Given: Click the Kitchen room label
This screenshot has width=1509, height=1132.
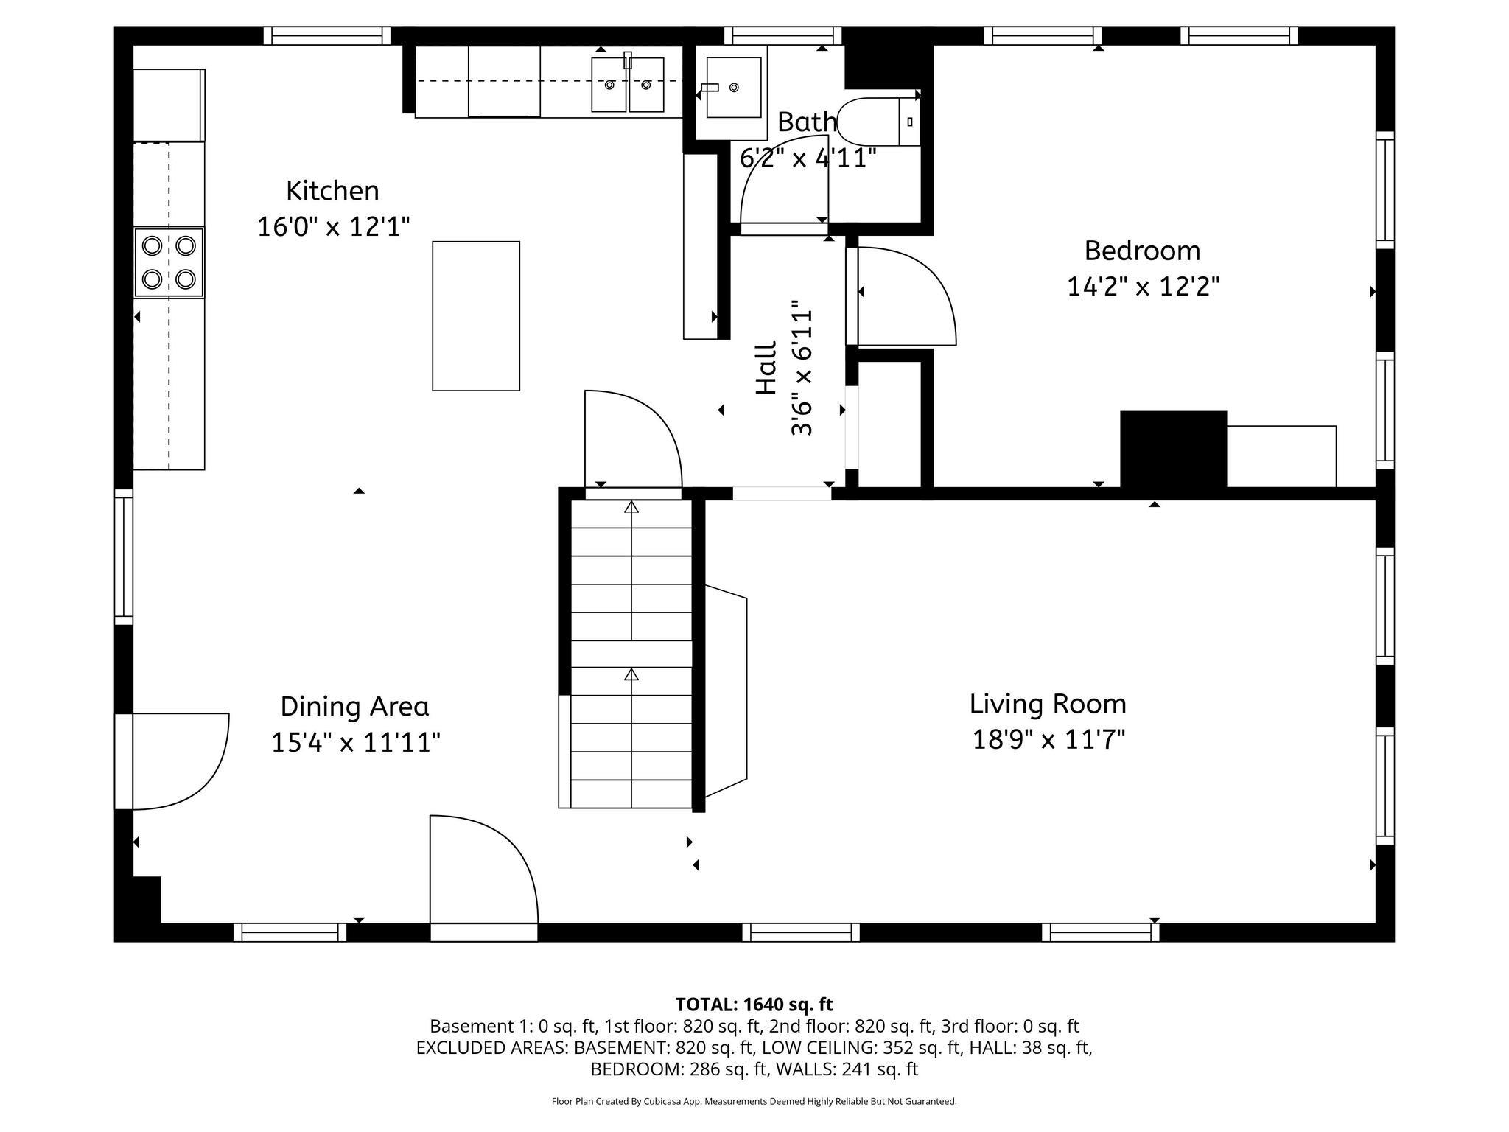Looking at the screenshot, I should tap(332, 191).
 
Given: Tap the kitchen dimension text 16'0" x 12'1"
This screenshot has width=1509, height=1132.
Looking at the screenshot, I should tap(333, 226).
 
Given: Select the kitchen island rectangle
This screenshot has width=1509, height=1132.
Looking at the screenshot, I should tap(476, 315).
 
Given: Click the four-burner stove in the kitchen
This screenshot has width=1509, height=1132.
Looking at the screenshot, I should tap(169, 262).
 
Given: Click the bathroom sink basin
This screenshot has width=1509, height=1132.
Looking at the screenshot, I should tap(732, 87).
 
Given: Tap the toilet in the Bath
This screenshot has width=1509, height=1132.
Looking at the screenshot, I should tap(877, 122).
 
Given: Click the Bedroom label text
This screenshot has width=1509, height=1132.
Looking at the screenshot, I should tap(1142, 251).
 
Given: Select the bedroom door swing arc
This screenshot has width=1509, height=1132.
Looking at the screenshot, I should tap(910, 295).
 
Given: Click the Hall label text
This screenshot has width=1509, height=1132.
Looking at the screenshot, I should tap(767, 368).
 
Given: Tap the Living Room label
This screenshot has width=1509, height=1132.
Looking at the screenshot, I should tap(1048, 704).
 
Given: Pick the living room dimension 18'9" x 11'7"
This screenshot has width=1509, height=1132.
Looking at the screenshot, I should tap(1048, 738).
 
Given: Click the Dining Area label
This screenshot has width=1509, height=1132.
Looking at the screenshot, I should tap(354, 706).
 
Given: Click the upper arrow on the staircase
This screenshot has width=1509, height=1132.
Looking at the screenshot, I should tap(631, 507).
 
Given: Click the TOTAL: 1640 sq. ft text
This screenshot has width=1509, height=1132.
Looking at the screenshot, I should tap(754, 1004).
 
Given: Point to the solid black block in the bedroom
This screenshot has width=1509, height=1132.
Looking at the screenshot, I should tap(1173, 449).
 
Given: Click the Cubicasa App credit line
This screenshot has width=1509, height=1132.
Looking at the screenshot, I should tap(754, 1101).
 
